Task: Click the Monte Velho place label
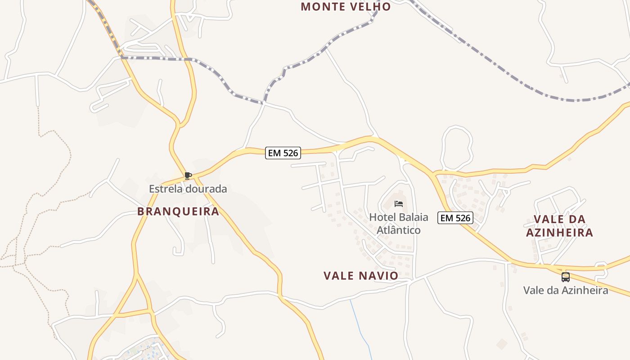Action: click(346, 7)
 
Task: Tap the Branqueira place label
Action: click(178, 211)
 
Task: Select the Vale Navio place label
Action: click(361, 275)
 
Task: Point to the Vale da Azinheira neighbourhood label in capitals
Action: click(559, 226)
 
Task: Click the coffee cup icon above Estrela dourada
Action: click(188, 175)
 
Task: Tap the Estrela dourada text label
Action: click(188, 189)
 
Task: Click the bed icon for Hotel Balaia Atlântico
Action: click(399, 204)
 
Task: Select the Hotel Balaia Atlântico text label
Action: click(399, 224)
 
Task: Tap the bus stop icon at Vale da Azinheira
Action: click(566, 277)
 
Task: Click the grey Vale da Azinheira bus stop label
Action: click(566, 290)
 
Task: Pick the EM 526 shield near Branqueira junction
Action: click(283, 153)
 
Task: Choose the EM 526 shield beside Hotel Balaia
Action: click(455, 218)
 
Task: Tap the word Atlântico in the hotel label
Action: click(399, 230)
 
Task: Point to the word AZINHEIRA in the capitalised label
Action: click(559, 233)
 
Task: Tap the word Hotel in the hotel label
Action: click(382, 217)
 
